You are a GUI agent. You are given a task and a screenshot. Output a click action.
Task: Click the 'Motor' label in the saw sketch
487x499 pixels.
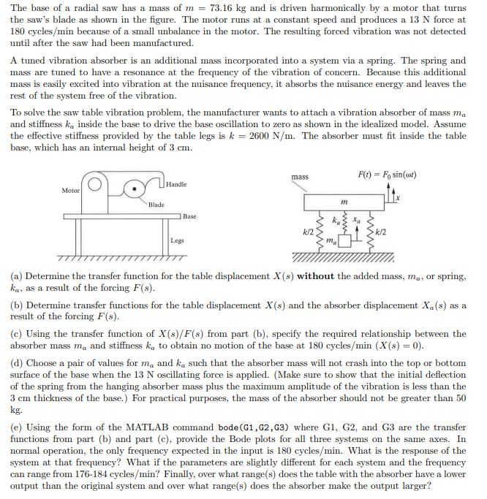(x=70, y=190)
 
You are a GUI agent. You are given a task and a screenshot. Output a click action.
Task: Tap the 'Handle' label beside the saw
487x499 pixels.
(x=176, y=184)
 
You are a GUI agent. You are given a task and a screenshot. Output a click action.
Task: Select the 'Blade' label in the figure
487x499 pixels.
(x=156, y=205)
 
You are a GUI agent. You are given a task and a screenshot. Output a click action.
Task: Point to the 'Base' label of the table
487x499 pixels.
(x=189, y=217)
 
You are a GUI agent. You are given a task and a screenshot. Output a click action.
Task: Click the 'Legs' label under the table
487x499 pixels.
(x=177, y=240)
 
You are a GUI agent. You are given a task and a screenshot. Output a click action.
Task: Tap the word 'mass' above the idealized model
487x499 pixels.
(x=300, y=177)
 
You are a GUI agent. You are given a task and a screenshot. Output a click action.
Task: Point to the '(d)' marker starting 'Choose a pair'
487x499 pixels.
(x=17, y=363)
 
